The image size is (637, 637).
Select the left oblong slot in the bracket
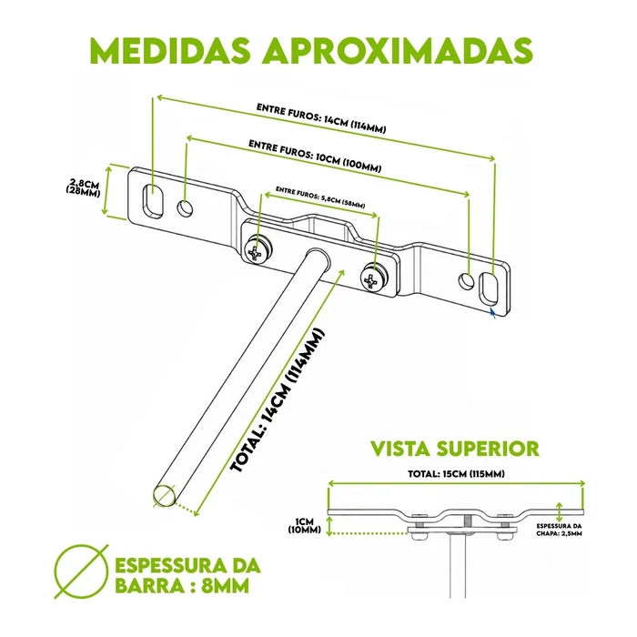(x=153, y=201)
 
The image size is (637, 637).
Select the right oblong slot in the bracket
(x=489, y=288)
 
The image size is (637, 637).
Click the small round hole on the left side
(x=185, y=208)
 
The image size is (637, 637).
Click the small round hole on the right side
(x=466, y=281)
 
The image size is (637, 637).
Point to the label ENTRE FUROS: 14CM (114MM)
(x=321, y=118)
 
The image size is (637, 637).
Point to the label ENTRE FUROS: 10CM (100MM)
(x=315, y=157)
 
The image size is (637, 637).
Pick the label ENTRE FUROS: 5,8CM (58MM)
(x=320, y=197)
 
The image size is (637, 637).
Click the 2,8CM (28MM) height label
(x=84, y=187)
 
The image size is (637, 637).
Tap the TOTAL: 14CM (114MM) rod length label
(x=278, y=400)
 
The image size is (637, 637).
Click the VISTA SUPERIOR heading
(x=455, y=449)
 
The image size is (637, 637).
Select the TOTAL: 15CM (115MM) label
(x=456, y=474)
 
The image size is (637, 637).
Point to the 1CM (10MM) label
(x=305, y=526)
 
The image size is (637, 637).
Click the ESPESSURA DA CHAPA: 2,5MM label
(x=559, y=530)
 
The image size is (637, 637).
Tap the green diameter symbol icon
(x=82, y=571)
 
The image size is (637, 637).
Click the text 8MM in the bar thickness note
(x=225, y=586)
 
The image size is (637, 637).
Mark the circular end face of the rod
(x=165, y=495)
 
